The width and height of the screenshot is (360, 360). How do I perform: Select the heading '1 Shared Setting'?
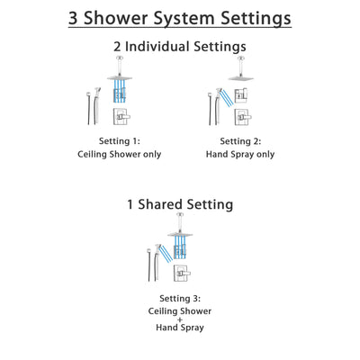pos(180,204)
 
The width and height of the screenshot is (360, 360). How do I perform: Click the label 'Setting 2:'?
pos(242,141)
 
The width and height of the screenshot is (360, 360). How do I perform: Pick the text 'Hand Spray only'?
pos(242,155)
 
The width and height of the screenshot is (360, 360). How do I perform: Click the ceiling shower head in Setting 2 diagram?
pos(241,77)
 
